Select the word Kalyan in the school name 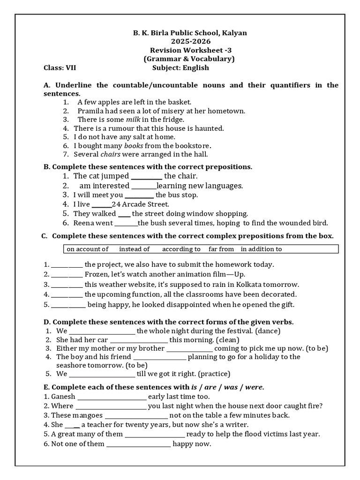(x=233, y=33)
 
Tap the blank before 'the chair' (x=146, y=177)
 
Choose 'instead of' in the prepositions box (x=134, y=249)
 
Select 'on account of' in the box (x=88, y=249)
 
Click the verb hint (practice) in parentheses (x=214, y=374)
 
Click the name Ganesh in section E (x=63, y=396)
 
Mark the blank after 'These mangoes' (x=136, y=416)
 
